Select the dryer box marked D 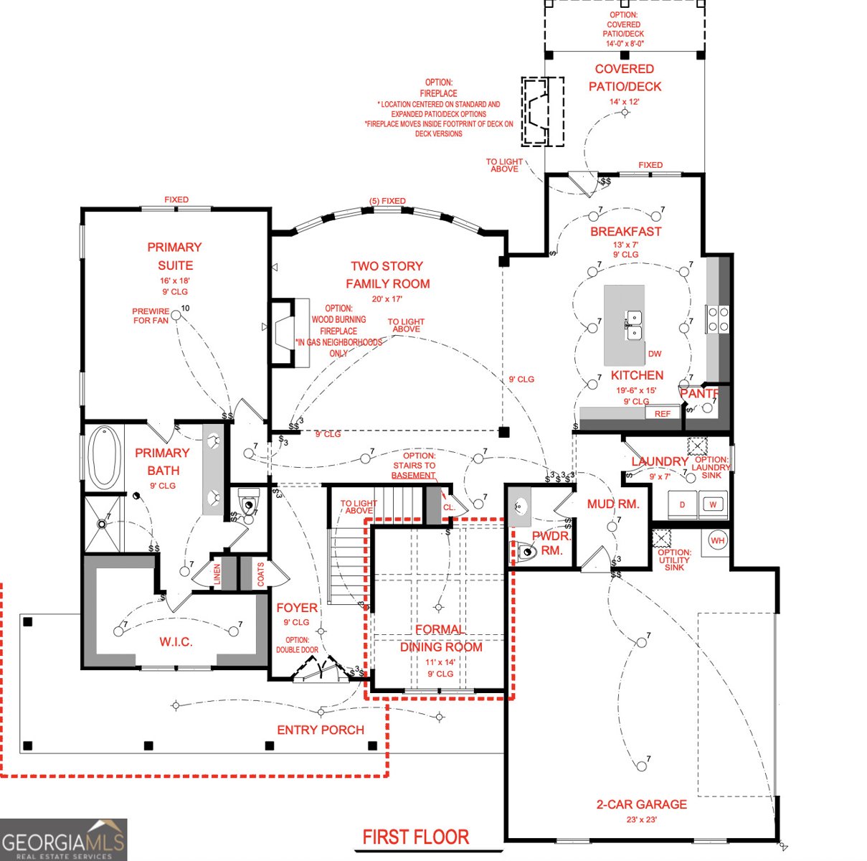tap(682, 504)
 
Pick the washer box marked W tap(713, 504)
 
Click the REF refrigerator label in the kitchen tap(662, 413)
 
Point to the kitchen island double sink tap(634, 325)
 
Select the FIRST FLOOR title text tap(415, 837)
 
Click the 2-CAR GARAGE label tap(641, 804)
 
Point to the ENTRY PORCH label tap(321, 730)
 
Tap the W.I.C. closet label tap(176, 641)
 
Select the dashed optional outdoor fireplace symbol tap(542, 112)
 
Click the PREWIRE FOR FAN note tap(151, 316)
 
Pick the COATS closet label tap(260, 574)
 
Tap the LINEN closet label tap(217, 575)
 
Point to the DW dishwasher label tap(655, 354)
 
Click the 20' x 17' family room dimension tap(387, 299)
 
